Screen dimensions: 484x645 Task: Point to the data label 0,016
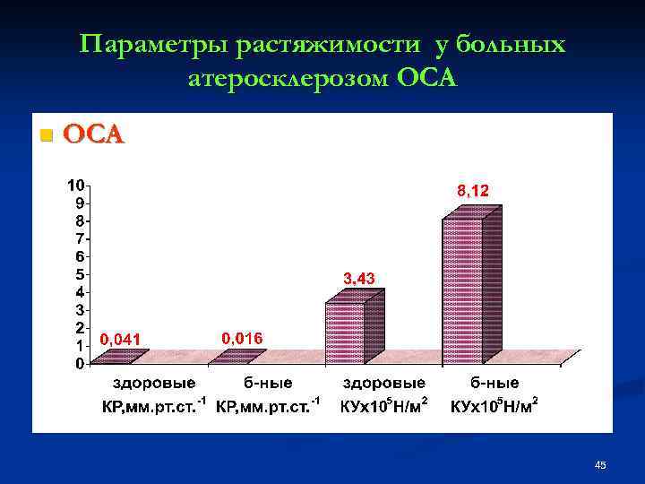241,338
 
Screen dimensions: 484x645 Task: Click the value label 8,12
474,190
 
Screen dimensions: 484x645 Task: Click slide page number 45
600,465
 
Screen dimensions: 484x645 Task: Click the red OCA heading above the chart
93,135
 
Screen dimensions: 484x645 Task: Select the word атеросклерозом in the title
288,79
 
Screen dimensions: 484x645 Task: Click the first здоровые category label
153,385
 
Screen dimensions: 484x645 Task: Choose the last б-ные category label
494,385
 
